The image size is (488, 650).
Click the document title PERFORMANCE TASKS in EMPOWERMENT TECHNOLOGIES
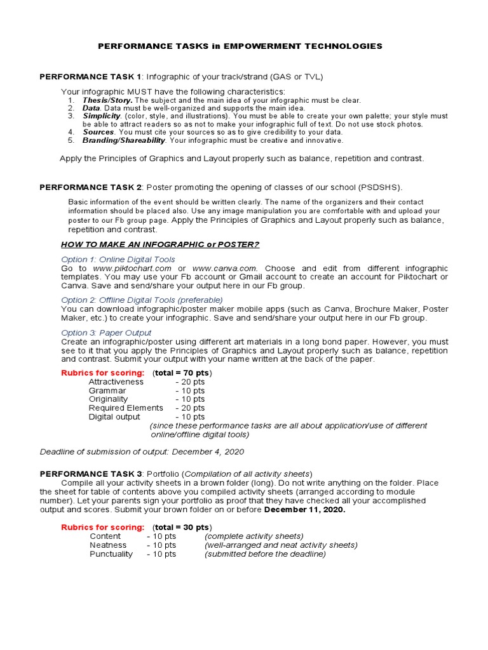[x=240, y=46]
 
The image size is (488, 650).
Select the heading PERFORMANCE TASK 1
[x=90, y=77]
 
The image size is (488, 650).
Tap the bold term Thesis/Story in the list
[x=107, y=100]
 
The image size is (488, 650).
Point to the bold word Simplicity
[x=102, y=116]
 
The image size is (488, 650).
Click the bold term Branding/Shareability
[x=124, y=140]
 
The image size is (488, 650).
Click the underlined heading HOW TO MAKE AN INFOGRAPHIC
[x=160, y=245]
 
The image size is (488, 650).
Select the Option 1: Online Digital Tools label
[x=118, y=260]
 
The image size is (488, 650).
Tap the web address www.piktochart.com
[x=132, y=269]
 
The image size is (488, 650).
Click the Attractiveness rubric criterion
[x=116, y=381]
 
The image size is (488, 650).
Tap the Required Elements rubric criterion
[x=126, y=408]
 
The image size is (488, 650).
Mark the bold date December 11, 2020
[x=304, y=510]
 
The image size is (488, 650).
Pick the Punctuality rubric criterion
[x=111, y=554]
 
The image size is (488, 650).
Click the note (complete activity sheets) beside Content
[x=254, y=536]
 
